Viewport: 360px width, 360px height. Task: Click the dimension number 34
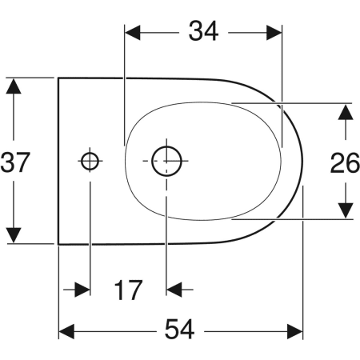click(x=203, y=31)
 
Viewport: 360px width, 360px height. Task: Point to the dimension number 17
click(x=127, y=289)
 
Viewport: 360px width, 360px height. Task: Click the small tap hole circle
click(x=90, y=161)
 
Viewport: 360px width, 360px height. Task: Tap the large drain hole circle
click(x=166, y=161)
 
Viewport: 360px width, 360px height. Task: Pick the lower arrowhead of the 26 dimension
click(x=345, y=210)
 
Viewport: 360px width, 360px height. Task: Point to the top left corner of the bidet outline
click(x=59, y=78)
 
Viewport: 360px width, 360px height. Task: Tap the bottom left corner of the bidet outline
click(x=59, y=244)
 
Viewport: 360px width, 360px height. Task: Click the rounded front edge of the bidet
click(x=302, y=161)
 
